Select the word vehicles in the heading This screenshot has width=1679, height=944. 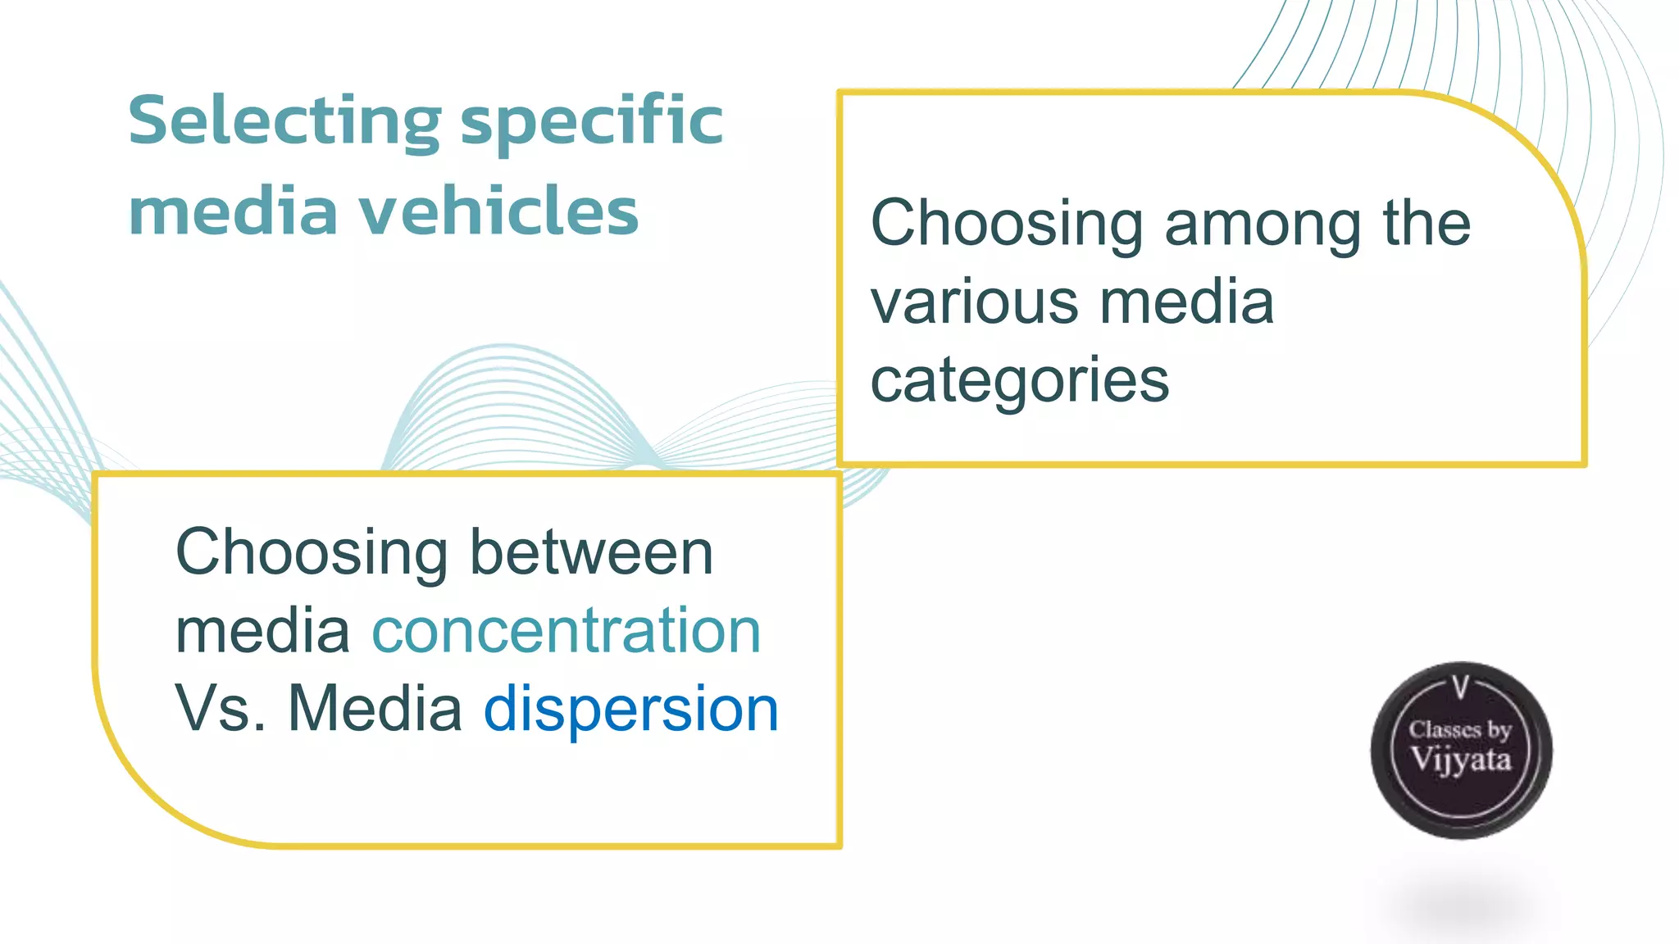tap(499, 211)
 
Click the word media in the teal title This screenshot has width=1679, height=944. tap(233, 211)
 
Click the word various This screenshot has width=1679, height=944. tap(973, 302)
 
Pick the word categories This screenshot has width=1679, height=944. tap(1019, 382)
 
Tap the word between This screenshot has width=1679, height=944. tap(591, 552)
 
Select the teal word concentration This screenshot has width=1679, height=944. tap(566, 631)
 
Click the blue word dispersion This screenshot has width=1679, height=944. tap(630, 710)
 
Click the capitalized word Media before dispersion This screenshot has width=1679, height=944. tap(375, 710)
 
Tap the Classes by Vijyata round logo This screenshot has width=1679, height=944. tap(1461, 750)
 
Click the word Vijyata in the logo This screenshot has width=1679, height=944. tap(1460, 760)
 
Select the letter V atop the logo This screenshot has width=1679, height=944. tap(1460, 687)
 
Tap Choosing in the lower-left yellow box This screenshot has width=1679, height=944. tap(312, 552)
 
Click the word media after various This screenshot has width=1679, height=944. tap(1186, 302)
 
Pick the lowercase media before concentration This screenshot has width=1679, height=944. tap(262, 631)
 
